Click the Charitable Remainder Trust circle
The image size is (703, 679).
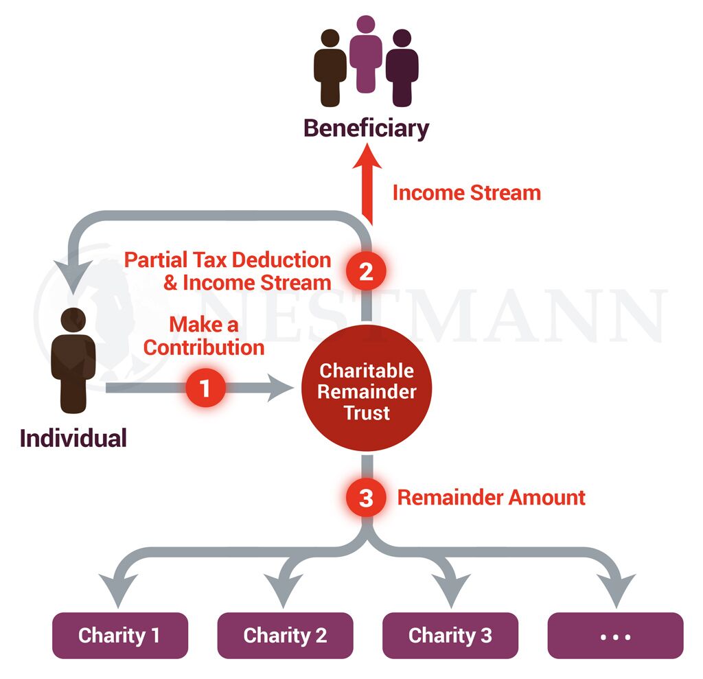click(367, 391)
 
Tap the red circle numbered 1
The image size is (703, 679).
click(205, 389)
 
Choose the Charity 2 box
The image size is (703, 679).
click(285, 636)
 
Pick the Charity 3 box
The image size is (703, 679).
click(450, 636)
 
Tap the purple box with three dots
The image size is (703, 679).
click(615, 636)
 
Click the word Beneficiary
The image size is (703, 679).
click(366, 128)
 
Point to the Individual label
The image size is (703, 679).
click(73, 438)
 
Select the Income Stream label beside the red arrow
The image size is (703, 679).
click(466, 193)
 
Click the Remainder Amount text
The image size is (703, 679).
click(492, 498)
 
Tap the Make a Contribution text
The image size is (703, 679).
click(204, 336)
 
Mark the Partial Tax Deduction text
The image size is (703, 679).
click(227, 260)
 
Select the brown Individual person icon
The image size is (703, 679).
click(73, 360)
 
